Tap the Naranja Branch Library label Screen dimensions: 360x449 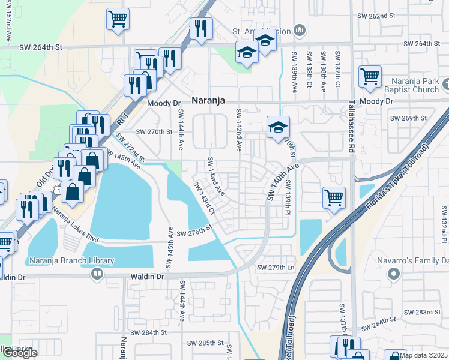(x=71, y=260)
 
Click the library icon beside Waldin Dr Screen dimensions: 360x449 (x=96, y=274)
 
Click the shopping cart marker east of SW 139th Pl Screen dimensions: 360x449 (x=334, y=196)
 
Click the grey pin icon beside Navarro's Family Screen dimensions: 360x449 (x=394, y=274)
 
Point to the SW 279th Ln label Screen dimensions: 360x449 (x=276, y=267)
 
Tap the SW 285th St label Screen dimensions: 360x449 (x=207, y=343)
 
